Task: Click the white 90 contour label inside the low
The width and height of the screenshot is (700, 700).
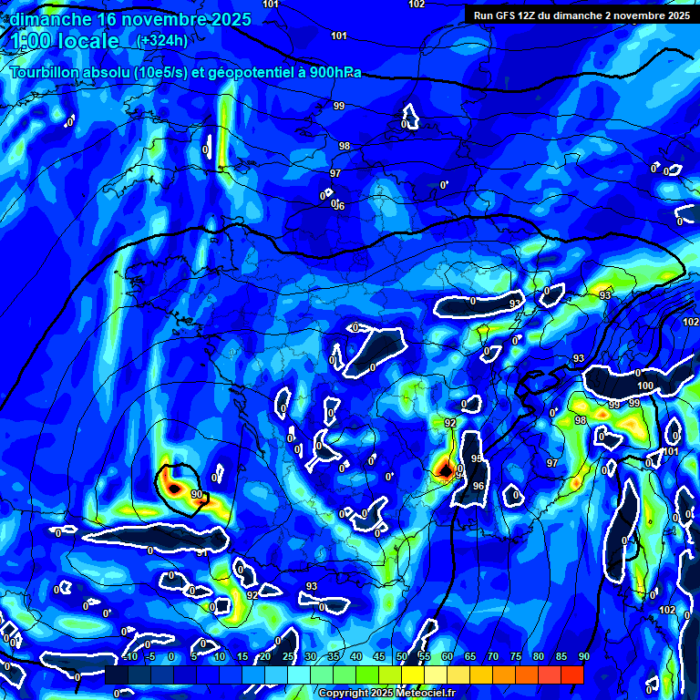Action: click(x=197, y=493)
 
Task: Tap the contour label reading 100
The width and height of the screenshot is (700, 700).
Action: click(x=645, y=386)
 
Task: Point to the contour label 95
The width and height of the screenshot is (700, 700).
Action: click(x=476, y=458)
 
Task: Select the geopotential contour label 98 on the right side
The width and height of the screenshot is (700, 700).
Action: click(x=581, y=420)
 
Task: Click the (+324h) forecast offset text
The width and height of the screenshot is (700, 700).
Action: click(x=162, y=40)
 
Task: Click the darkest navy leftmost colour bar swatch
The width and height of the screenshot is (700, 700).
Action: click(x=117, y=674)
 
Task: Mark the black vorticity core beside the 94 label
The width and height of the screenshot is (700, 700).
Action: click(x=445, y=469)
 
